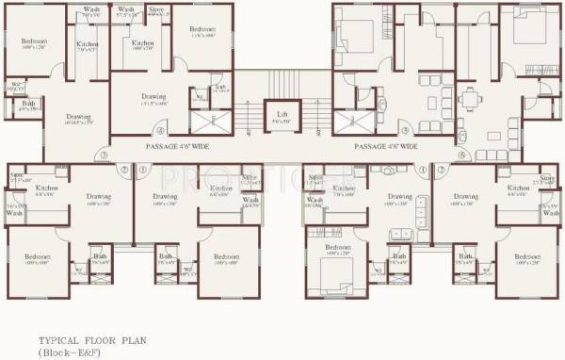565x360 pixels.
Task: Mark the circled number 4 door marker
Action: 161,130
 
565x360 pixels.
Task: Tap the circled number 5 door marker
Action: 405,130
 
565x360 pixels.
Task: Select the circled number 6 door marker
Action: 462,155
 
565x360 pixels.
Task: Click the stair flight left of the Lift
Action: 247,113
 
